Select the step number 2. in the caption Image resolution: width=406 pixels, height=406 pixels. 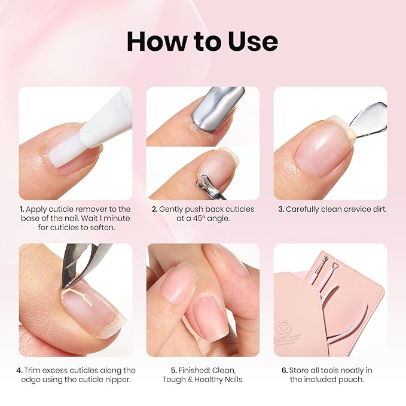154,209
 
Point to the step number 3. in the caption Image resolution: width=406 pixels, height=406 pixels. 280,209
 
